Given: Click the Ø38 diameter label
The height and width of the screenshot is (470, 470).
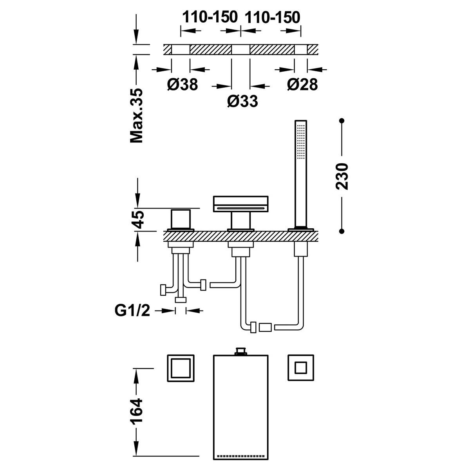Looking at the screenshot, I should (x=182, y=84).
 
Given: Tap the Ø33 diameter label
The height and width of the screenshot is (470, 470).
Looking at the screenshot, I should (x=242, y=101).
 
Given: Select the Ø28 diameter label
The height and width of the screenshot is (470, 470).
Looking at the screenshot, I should (x=302, y=84).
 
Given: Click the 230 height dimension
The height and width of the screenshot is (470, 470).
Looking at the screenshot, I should (x=342, y=176).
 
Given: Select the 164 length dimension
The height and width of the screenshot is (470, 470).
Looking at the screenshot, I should (x=137, y=412).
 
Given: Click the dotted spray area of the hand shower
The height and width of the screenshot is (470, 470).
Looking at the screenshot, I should (x=301, y=141).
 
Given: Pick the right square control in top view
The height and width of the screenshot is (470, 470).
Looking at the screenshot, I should (x=300, y=367).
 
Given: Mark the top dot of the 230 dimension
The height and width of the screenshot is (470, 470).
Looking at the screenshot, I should (x=342, y=120).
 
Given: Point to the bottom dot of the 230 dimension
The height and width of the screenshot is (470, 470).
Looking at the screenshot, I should (x=342, y=231).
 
